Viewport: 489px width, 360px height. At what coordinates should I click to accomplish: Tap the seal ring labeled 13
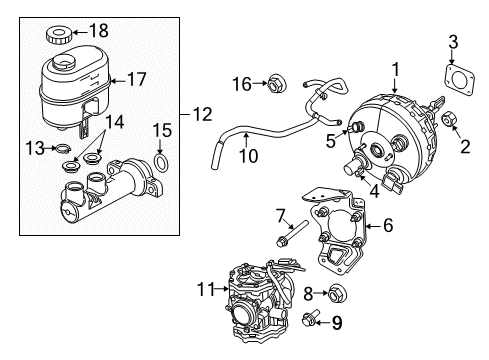(63, 152)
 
